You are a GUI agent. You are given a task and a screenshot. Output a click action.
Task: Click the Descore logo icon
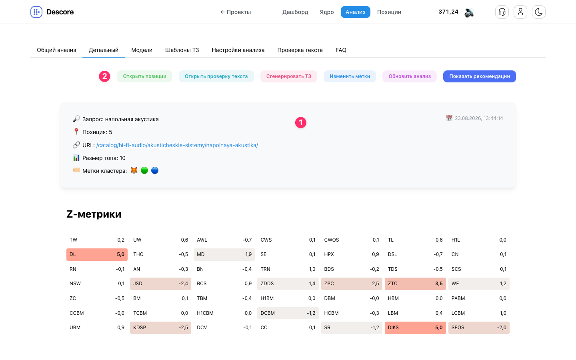[x=36, y=12]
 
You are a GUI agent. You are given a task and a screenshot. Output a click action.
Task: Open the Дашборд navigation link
[x=295, y=12]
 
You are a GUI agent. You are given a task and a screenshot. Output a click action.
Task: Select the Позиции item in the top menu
[x=389, y=12]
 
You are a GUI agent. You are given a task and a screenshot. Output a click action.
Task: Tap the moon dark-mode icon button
[x=538, y=12]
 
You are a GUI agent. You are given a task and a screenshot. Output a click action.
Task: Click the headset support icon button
[x=502, y=12]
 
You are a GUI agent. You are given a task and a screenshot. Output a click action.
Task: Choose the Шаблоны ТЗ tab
[x=182, y=50]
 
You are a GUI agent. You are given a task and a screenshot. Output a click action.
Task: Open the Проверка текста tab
[x=300, y=50]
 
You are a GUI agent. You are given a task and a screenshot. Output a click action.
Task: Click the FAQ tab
[x=341, y=50]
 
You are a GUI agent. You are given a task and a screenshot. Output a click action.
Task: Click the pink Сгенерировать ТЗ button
[x=288, y=76]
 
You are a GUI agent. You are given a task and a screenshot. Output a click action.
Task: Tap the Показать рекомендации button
[x=479, y=76]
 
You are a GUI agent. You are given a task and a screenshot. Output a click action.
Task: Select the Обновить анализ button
[x=409, y=76]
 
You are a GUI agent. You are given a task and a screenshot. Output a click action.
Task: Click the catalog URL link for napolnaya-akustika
[x=177, y=145]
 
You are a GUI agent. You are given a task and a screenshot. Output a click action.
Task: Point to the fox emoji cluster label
[x=134, y=170]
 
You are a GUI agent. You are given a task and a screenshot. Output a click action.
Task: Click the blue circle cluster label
[x=154, y=170]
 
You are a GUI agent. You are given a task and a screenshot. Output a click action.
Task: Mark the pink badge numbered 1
[x=301, y=123]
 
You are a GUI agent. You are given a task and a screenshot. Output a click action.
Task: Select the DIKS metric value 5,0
[x=439, y=328]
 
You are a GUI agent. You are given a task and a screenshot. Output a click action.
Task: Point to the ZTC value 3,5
[x=439, y=284]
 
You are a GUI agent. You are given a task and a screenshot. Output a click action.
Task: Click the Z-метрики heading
[x=94, y=214]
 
